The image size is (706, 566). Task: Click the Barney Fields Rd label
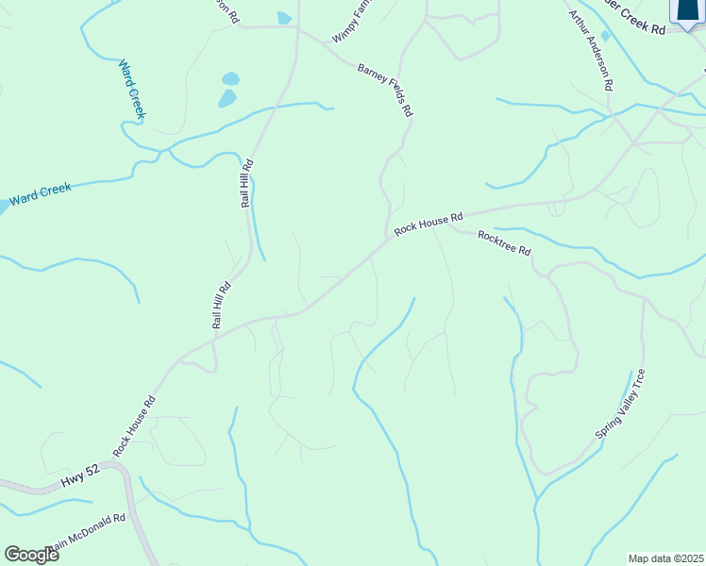click(385, 90)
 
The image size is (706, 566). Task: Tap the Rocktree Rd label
click(504, 243)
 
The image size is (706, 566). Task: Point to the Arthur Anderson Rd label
click(592, 50)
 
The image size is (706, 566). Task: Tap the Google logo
click(31, 555)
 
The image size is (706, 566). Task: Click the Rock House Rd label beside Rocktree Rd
click(429, 223)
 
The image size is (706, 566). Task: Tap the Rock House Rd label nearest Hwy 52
click(133, 426)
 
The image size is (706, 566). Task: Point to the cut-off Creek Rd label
click(640, 26)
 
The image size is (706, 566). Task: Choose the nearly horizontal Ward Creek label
click(40, 195)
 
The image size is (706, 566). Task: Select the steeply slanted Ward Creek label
click(132, 90)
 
